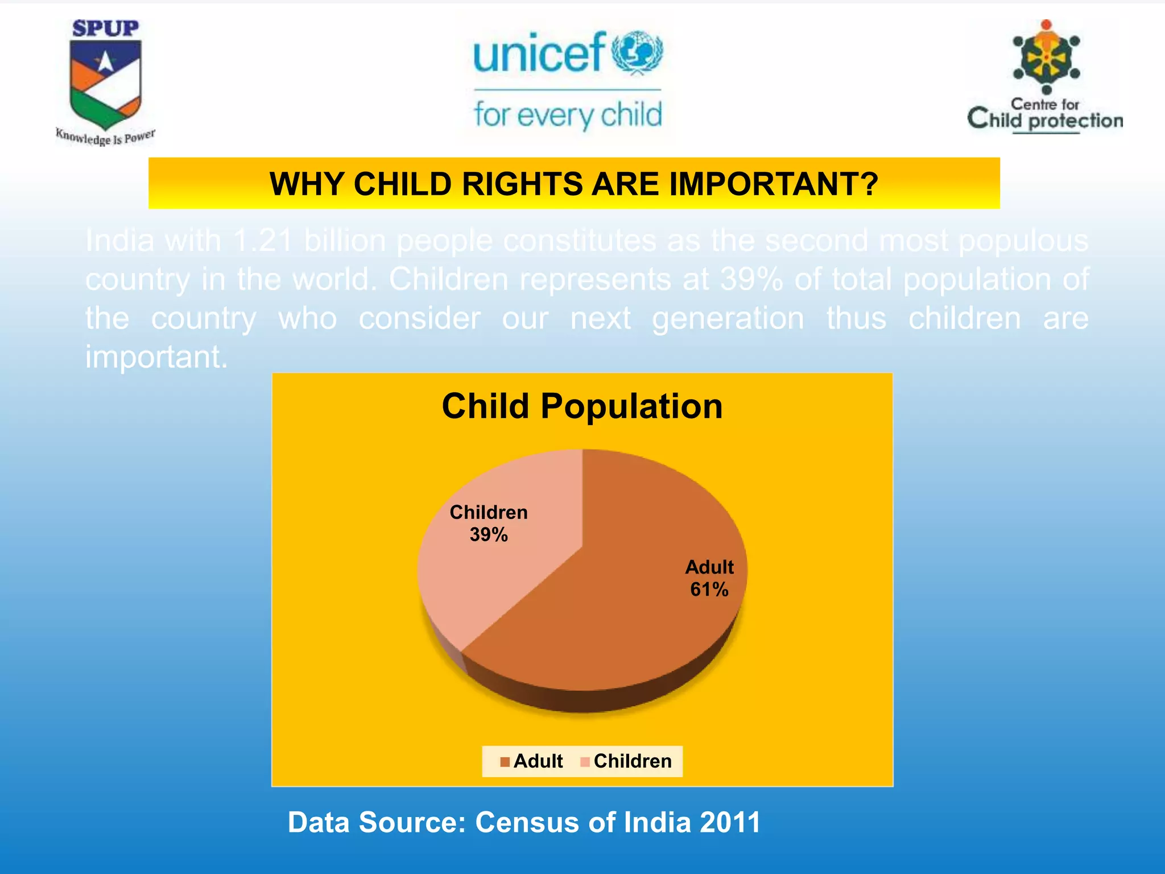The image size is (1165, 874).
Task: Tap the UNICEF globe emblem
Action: (x=637, y=52)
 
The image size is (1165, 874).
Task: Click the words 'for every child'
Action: (x=568, y=115)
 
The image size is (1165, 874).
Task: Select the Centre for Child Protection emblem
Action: (x=1046, y=57)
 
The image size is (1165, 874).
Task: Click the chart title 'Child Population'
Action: (x=582, y=406)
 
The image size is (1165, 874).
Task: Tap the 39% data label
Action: (x=489, y=535)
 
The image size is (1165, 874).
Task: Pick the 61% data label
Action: (x=709, y=589)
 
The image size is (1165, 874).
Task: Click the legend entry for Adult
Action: (x=531, y=761)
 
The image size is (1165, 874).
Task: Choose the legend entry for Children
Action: (x=626, y=761)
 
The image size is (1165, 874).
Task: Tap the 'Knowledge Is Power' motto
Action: (x=105, y=137)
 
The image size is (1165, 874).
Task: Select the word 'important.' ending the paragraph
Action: (x=156, y=357)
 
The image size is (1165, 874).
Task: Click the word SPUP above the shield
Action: (x=105, y=28)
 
